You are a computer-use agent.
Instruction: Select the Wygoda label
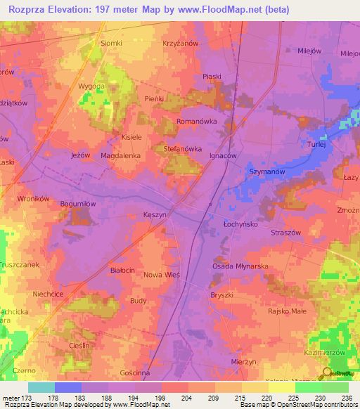pos(91,85)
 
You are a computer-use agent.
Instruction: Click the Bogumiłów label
pos(77,203)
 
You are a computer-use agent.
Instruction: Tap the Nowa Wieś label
pos(162,275)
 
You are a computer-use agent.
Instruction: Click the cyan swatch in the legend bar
pos(41,387)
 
